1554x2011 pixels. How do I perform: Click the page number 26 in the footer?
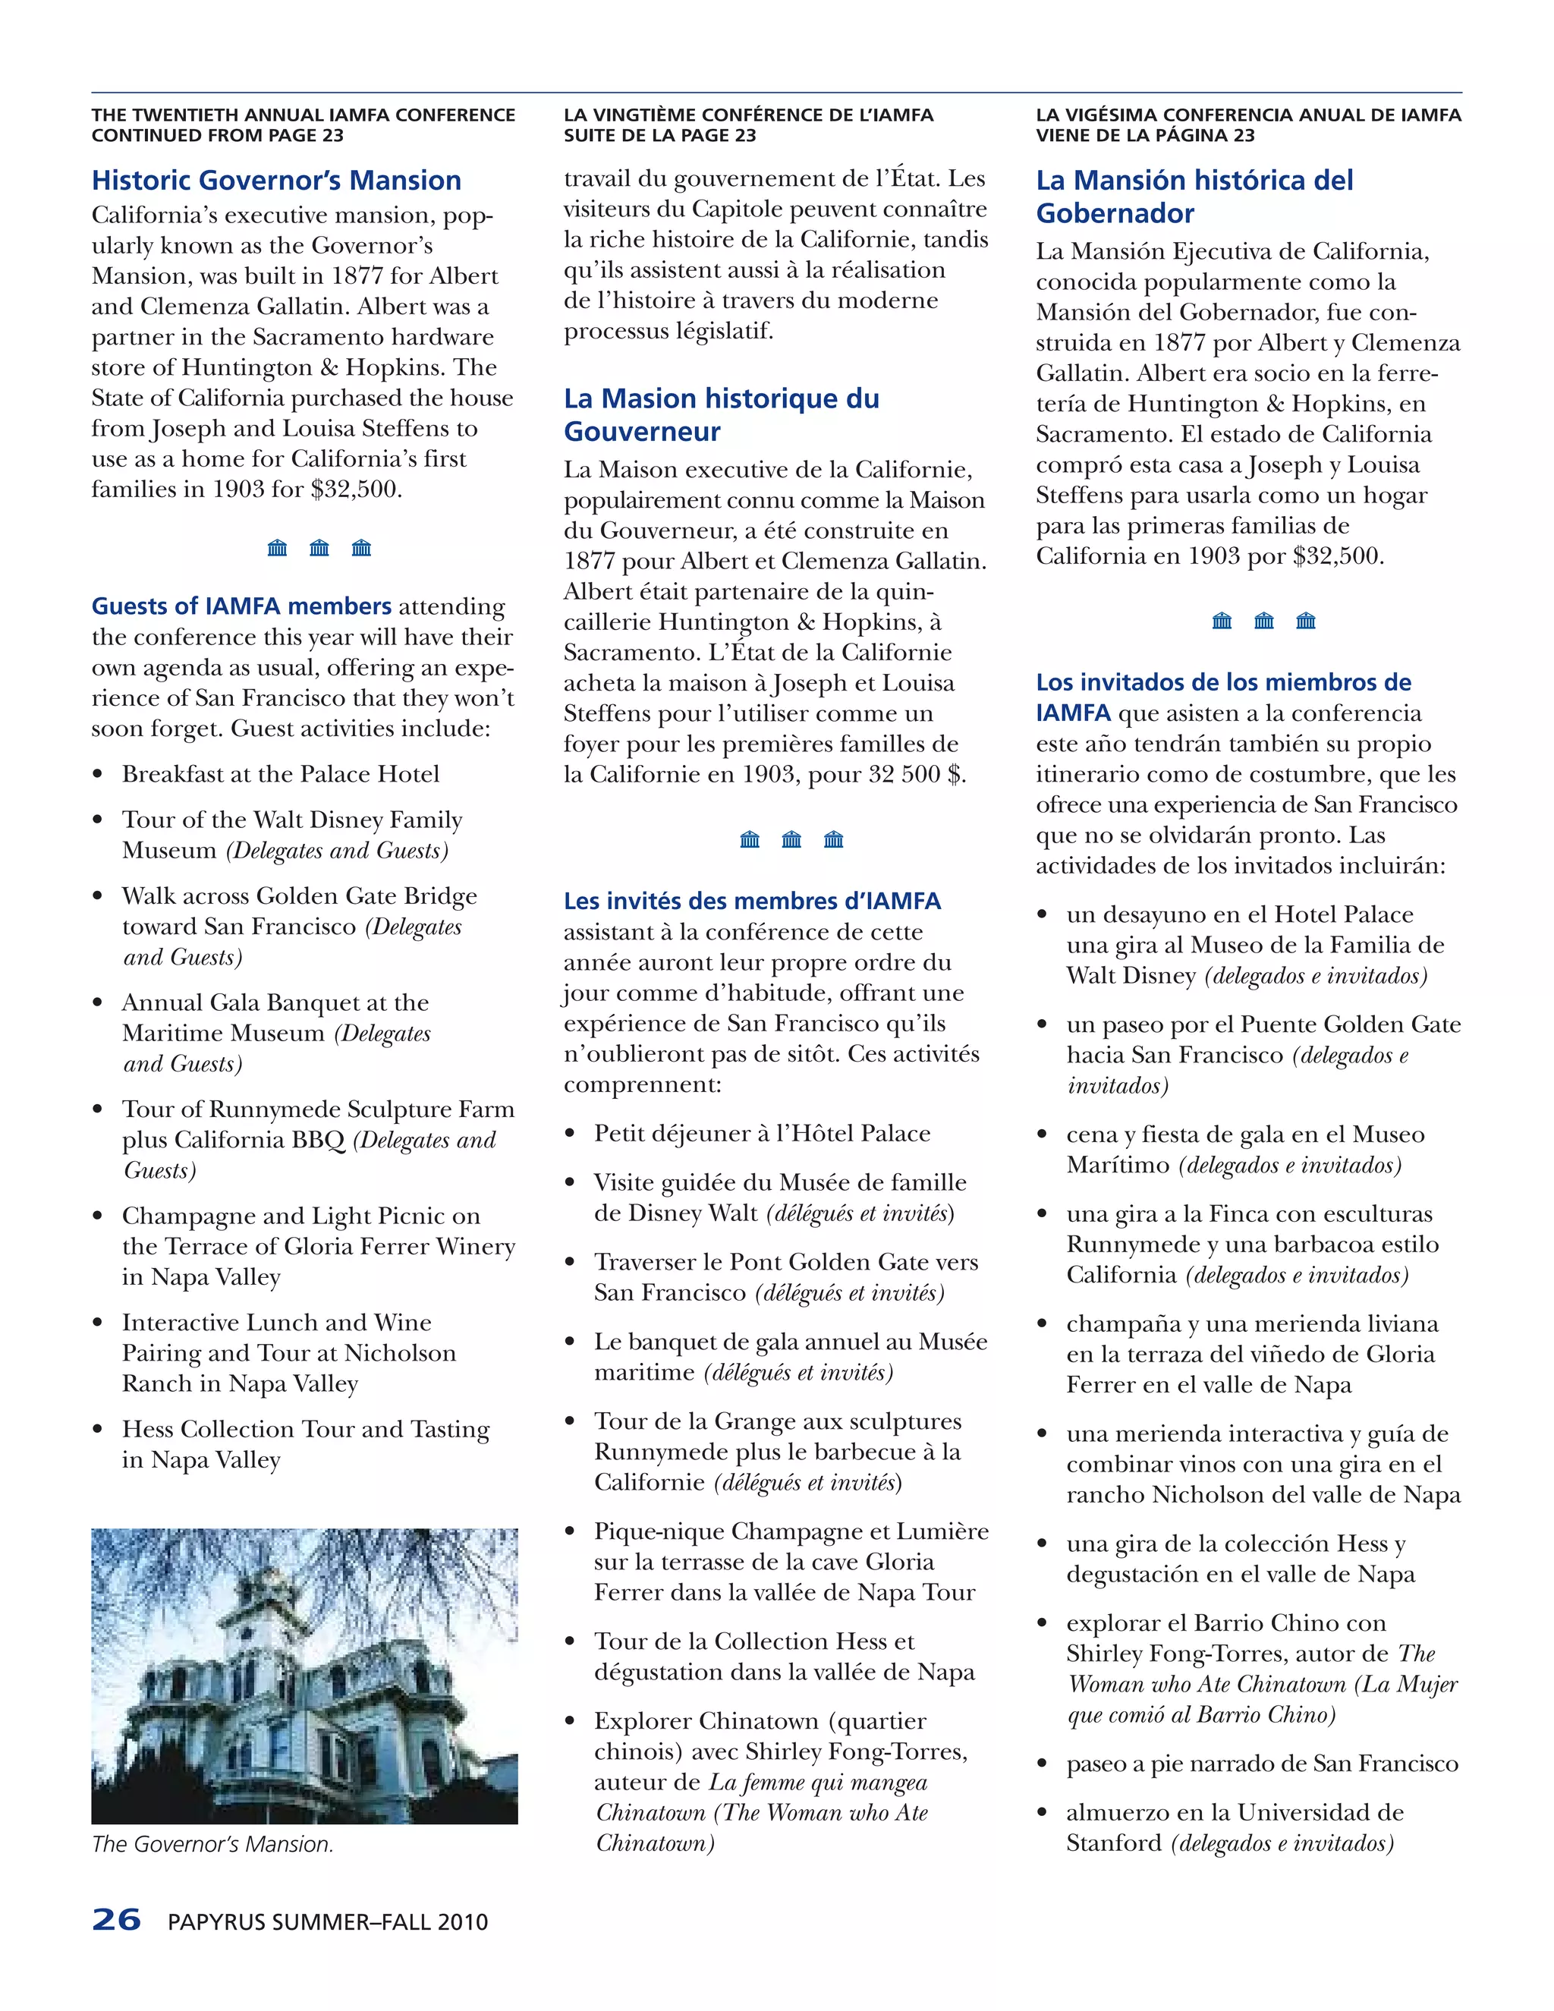tap(116, 1920)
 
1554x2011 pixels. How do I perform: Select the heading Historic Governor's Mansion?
tap(276, 181)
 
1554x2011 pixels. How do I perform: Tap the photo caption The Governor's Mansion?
tap(212, 1844)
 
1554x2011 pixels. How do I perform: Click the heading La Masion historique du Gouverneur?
tap(721, 414)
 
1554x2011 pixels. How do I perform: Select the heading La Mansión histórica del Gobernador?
tap(1194, 196)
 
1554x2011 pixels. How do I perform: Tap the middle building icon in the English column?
tap(319, 549)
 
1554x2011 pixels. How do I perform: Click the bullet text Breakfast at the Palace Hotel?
tap(281, 774)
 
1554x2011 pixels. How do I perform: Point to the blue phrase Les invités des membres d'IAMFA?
tap(752, 902)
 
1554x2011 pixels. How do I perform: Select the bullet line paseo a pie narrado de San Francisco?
tap(1261, 1764)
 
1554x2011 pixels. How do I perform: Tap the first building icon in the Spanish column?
tap(1222, 622)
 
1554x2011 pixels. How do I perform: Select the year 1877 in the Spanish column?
tap(1175, 344)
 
